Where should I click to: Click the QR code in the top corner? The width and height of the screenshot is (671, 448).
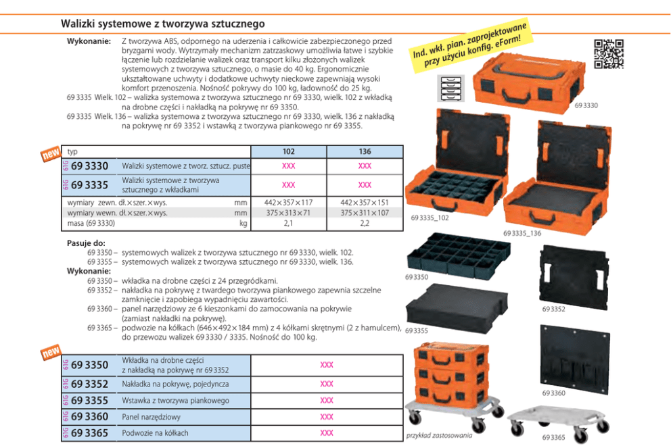608,55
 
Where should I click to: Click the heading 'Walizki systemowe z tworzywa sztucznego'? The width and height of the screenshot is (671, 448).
163,24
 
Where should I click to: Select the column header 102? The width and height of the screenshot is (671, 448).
288,151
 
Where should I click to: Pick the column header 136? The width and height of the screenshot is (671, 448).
365,151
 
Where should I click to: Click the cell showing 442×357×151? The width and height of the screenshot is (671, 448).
365,202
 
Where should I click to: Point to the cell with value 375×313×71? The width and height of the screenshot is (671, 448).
288,212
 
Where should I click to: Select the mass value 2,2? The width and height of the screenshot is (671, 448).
365,222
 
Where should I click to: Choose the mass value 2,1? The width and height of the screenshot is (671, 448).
288,222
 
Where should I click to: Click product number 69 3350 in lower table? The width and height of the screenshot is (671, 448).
89,365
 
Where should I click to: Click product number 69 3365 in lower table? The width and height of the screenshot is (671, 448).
89,433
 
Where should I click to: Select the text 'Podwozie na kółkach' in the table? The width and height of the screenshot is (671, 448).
155,433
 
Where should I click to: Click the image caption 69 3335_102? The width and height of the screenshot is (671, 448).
430,218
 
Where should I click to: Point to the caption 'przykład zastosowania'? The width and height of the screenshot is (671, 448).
439,436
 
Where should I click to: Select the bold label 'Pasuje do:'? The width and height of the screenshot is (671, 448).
85,243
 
